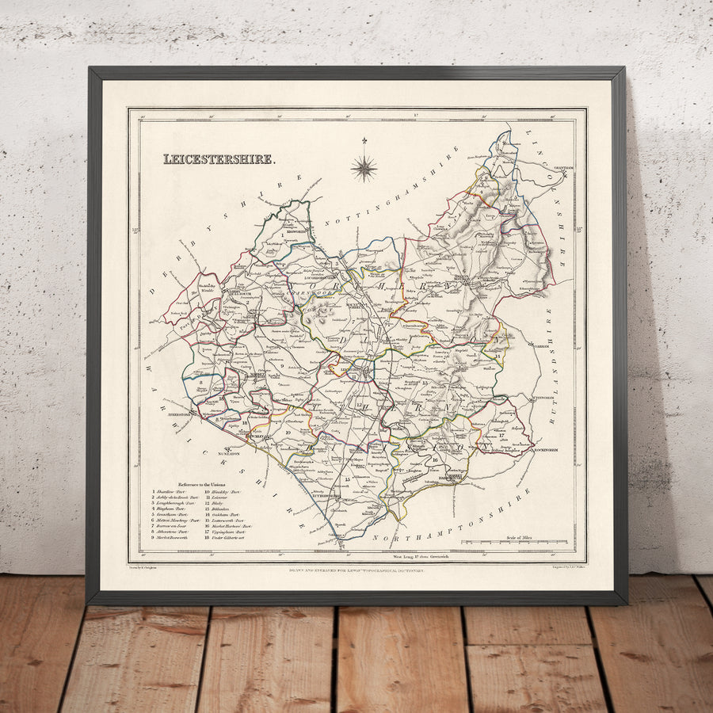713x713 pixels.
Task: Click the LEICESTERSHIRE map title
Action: pos(219,159)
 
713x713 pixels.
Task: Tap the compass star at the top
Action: pos(364,166)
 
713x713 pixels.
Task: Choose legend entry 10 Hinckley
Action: pos(225,492)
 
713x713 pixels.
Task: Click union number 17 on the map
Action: pos(501,435)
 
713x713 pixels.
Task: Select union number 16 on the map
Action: pos(435,459)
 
